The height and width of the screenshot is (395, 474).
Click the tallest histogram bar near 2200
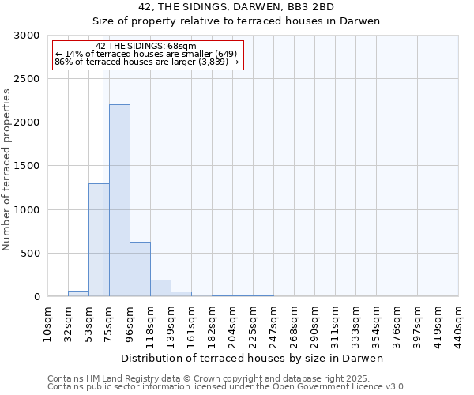[x=119, y=201]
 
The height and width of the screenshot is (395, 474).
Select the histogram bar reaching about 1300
[x=99, y=240]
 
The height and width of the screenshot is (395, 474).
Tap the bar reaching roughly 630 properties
[x=140, y=269]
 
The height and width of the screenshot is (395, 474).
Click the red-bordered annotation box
[x=147, y=55]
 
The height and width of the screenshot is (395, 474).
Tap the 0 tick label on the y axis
[x=36, y=297]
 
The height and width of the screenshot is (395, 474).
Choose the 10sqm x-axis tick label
[x=47, y=322]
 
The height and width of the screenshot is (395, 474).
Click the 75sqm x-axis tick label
[x=109, y=322]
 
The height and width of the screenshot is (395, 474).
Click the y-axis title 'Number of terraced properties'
[x=7, y=170]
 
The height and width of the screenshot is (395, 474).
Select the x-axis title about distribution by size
[x=253, y=358]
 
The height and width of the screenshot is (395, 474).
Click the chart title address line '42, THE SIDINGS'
[x=236, y=7]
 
